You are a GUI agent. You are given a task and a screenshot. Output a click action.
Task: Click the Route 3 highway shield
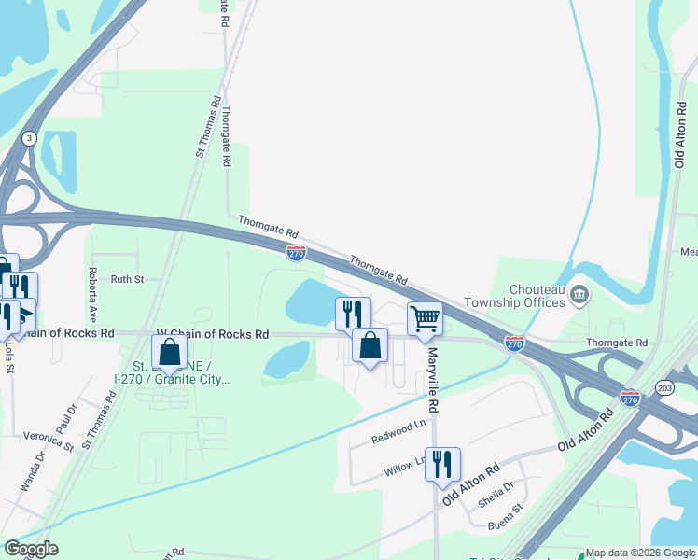[x=30, y=137]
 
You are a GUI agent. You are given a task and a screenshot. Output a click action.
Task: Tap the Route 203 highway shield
[x=663, y=386]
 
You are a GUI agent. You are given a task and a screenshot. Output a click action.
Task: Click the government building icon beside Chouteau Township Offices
[x=579, y=296]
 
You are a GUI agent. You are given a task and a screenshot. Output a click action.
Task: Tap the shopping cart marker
[x=425, y=317]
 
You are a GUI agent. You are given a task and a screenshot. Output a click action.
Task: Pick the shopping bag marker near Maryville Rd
[x=370, y=345]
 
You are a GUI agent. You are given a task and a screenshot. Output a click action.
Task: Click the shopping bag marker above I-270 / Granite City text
[x=169, y=353]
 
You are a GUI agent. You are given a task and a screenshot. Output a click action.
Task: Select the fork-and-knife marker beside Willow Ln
[x=442, y=463]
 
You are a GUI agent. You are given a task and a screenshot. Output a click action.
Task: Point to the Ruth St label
[x=127, y=279]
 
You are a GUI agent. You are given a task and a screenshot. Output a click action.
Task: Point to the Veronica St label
[x=49, y=441]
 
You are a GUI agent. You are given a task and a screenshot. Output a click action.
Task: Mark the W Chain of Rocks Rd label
[x=212, y=333]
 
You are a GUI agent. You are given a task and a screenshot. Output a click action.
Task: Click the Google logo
[x=31, y=549]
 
